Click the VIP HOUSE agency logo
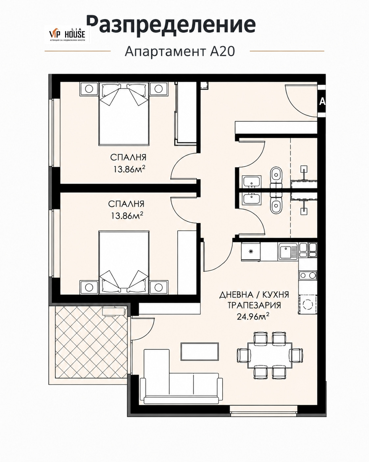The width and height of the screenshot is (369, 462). tap(67, 34)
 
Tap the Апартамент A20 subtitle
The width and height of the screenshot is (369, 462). tap(180, 51)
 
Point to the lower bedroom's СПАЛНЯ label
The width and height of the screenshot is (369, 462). tap(126, 204)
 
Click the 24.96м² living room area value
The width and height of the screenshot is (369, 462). tap(253, 316)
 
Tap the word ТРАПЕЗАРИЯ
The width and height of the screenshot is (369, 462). tap(254, 305)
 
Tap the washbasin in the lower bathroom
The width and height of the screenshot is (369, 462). tap(252, 199)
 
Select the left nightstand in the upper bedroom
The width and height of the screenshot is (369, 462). tap(88, 89)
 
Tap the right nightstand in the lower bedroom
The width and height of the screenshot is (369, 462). tap(159, 287)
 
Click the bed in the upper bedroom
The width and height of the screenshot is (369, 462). tap(124, 113)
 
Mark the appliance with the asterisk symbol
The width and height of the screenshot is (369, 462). tap(251, 251)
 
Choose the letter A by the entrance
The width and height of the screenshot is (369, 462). tap(322, 102)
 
